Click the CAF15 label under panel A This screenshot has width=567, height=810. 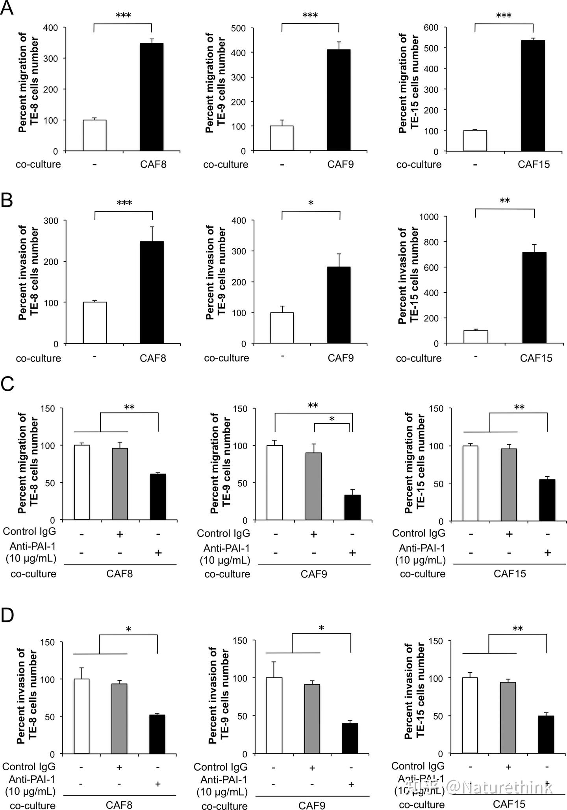534,164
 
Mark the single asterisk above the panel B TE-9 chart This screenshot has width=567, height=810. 311,203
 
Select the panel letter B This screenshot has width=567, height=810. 7,201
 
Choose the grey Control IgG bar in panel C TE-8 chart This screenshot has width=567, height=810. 120,484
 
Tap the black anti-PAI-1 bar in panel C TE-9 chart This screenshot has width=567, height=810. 352,507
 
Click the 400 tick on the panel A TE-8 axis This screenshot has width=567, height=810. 50,28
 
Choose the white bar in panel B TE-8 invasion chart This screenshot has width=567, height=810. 94,323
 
